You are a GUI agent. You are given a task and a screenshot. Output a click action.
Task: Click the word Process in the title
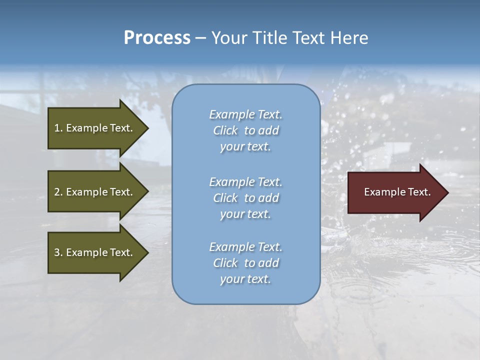click(x=157, y=38)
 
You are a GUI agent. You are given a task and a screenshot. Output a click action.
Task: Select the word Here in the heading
click(x=348, y=38)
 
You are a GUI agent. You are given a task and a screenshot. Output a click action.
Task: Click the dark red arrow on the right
click(x=395, y=192)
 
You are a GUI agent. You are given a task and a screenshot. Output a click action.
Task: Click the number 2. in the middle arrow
click(x=58, y=192)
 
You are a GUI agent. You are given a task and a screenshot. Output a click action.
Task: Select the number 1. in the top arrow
click(x=58, y=128)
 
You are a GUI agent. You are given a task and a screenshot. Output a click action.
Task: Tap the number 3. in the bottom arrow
click(x=58, y=252)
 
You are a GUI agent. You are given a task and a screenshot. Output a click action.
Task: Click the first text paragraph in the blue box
click(x=245, y=130)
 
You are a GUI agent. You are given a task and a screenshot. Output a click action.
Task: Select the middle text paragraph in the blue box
click(x=245, y=198)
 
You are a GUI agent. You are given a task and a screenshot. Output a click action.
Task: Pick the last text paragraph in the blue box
click(x=245, y=263)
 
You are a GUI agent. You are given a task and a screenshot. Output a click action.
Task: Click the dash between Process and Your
click(x=200, y=38)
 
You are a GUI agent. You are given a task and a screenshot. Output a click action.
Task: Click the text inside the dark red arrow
click(x=397, y=192)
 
